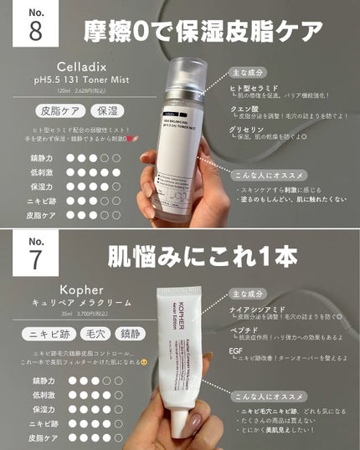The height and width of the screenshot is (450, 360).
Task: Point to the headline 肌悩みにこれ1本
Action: click(x=203, y=255)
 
